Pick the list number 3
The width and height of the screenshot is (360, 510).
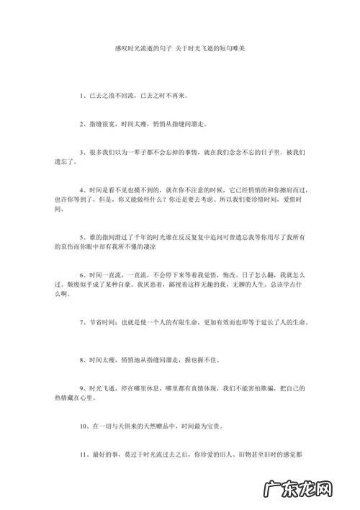(x=81, y=153)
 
